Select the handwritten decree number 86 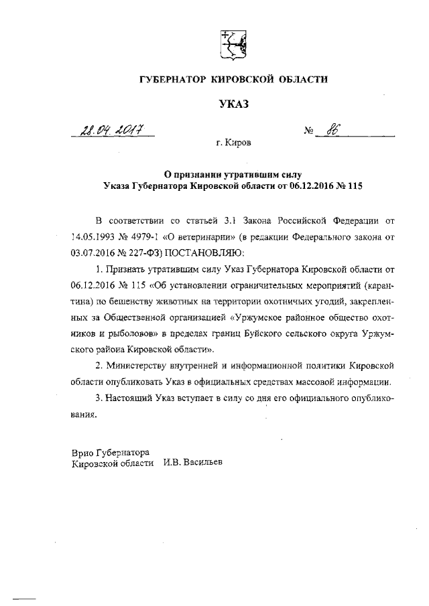(330, 131)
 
